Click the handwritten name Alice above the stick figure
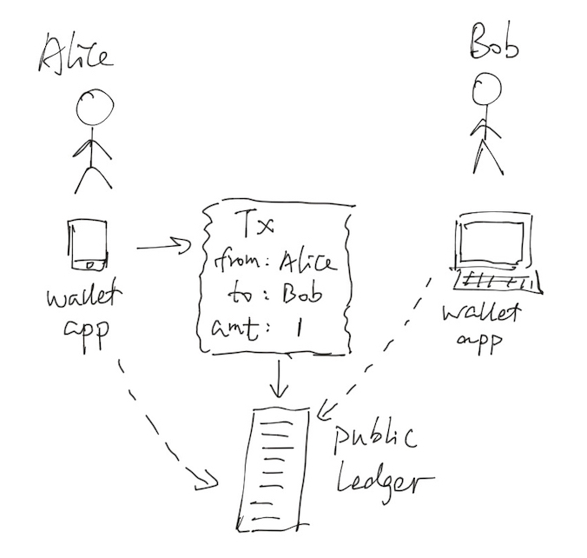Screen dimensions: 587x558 click(75, 53)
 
